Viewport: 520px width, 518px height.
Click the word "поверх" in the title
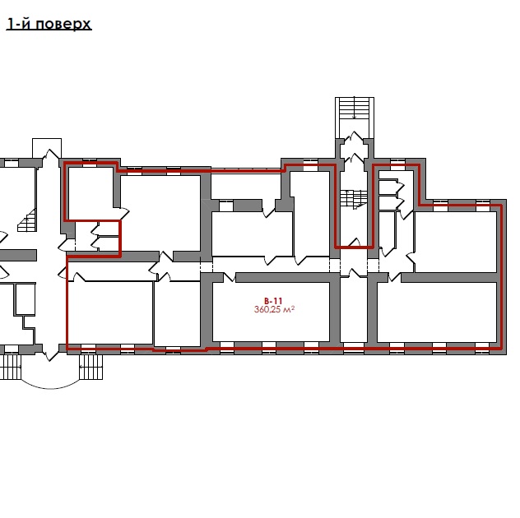pos(63,25)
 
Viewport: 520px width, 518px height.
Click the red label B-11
pos(273,301)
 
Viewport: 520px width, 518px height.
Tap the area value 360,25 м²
pos(274,309)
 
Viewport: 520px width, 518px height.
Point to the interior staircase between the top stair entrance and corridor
pos(354,200)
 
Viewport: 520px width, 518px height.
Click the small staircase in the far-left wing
pos(27,220)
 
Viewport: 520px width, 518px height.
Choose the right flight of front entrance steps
pos(91,367)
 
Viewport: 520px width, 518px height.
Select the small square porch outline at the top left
pos(47,148)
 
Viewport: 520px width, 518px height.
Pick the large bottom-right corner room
pos(437,312)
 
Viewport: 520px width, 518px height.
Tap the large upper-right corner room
pos(456,242)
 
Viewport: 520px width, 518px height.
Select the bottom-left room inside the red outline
pos(110,312)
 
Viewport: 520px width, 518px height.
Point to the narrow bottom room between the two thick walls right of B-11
pos(354,310)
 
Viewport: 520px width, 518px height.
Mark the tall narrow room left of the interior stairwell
pos(311,214)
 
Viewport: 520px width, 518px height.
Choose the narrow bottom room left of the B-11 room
pos(178,313)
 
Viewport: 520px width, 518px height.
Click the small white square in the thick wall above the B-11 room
pos(226,206)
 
